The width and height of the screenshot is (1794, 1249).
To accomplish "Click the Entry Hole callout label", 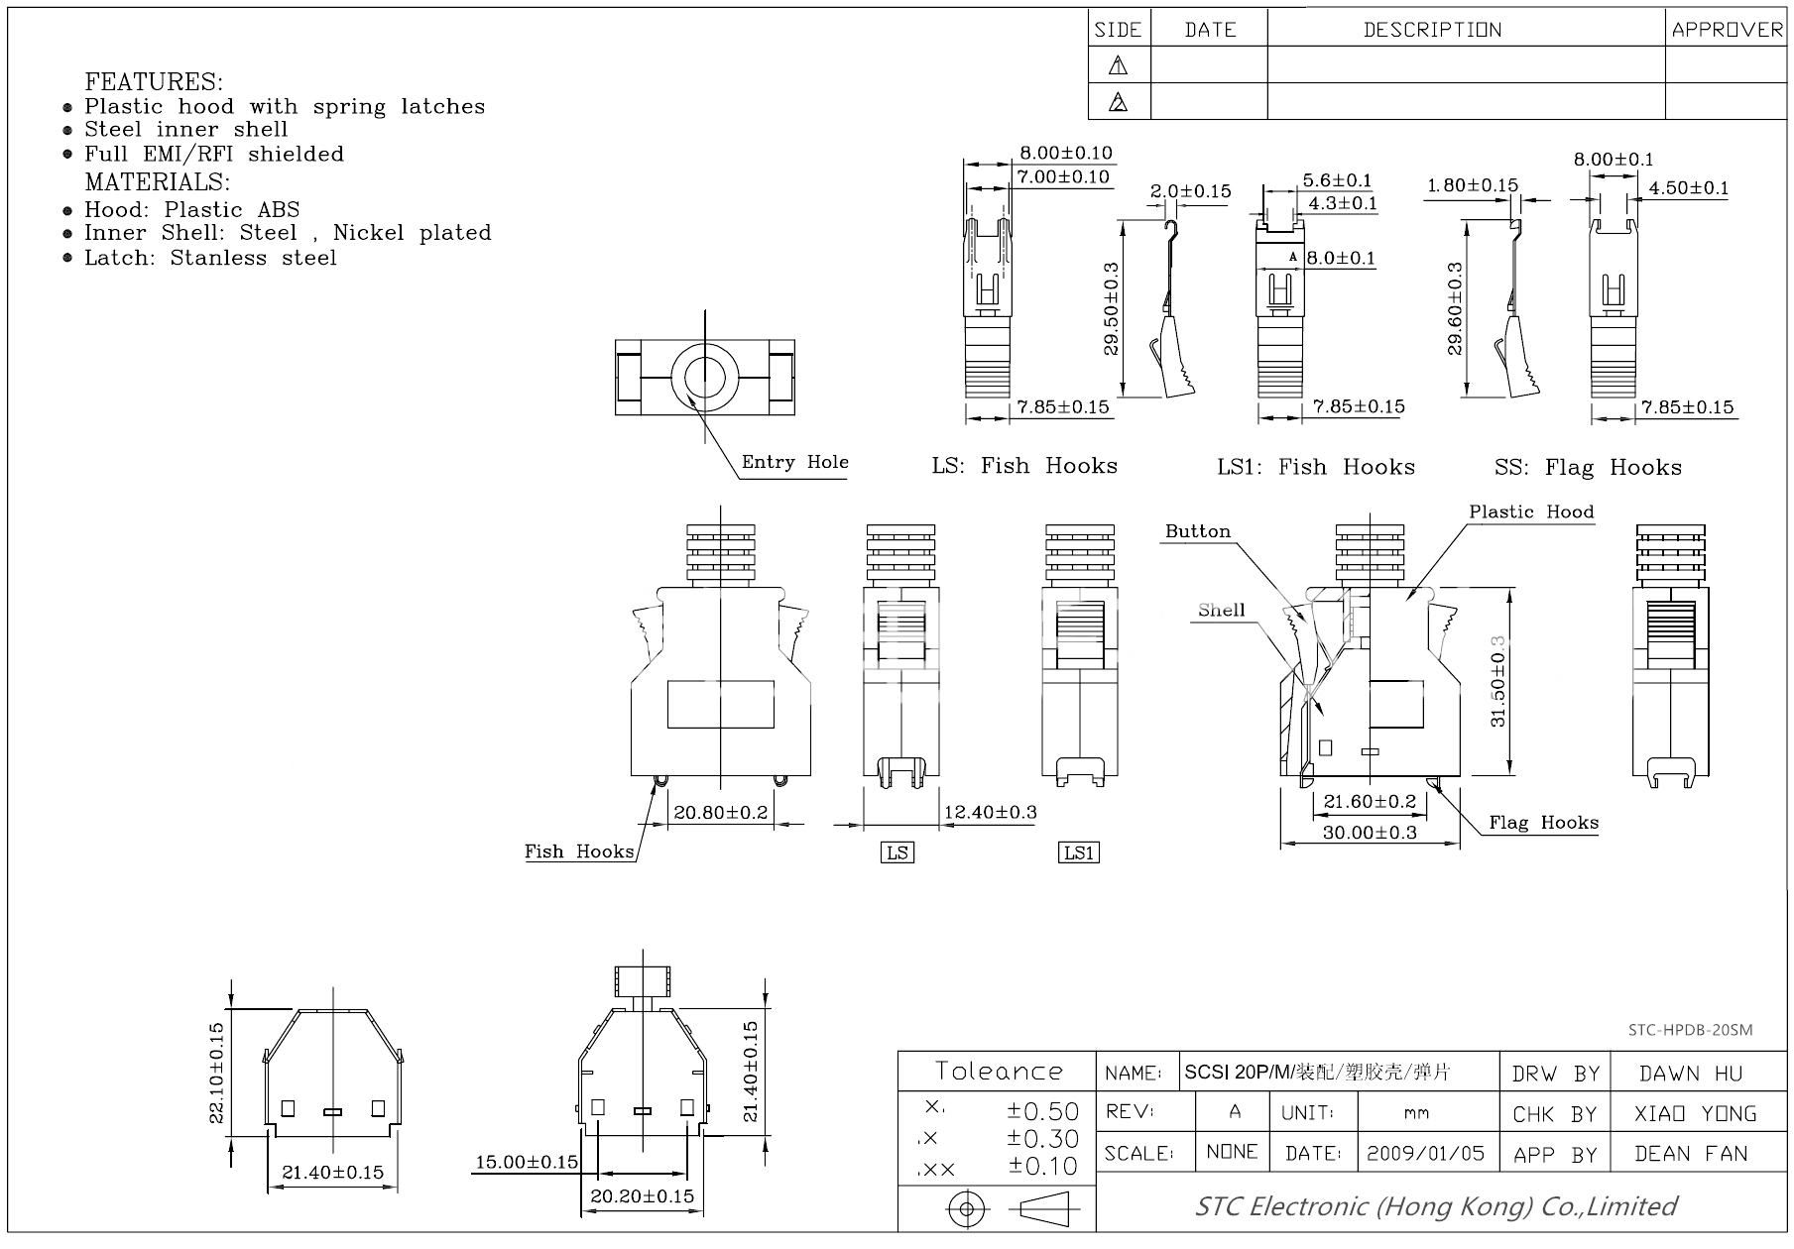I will [794, 462].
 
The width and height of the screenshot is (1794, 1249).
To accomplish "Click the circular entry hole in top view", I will [705, 377].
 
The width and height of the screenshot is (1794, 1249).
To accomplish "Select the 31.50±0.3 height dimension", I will [1497, 682].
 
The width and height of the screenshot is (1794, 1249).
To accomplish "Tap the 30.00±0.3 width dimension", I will [1370, 833].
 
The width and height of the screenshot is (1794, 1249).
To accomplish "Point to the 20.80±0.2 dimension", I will [720, 813].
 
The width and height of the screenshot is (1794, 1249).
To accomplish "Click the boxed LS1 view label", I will [1079, 852].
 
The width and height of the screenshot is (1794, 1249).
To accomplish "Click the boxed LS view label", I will [897, 852].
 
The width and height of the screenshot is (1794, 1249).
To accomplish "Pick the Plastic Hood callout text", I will [1531, 511].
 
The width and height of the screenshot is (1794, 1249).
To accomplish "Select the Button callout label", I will [1197, 531].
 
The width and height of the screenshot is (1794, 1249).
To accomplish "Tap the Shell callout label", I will [1221, 611].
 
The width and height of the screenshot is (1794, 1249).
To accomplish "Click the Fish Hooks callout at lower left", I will [579, 852].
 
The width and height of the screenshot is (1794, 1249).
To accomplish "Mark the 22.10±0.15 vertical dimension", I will [217, 1073].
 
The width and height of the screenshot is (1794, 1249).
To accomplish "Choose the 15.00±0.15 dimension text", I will [526, 1162].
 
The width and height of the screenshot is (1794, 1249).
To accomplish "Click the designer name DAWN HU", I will [1690, 1074].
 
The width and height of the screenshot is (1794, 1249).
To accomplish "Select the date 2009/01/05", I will [1425, 1153].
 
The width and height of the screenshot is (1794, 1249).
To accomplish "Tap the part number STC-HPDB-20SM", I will [1690, 1030].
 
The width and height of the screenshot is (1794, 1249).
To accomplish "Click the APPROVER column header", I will [1727, 30].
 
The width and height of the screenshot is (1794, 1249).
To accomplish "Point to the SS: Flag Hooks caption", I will [1588, 468].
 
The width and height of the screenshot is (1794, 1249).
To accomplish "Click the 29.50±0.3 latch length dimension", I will [1111, 308].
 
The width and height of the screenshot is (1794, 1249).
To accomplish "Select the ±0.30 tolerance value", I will [1042, 1139].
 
